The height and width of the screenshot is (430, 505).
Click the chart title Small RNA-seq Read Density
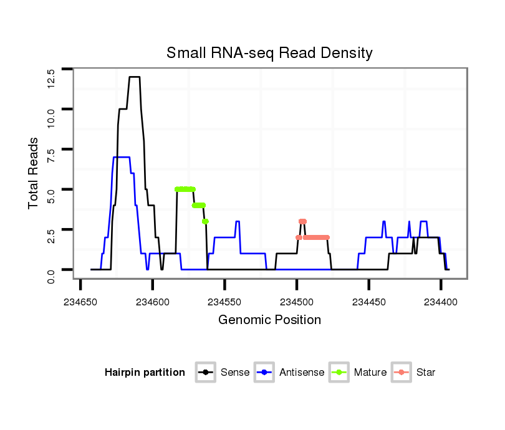269,53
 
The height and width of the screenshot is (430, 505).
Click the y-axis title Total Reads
34,173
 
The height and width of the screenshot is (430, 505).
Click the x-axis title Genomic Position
269,320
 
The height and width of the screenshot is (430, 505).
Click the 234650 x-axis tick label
81,301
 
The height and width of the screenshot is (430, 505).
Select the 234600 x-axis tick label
153,301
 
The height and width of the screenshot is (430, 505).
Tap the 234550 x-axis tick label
224,301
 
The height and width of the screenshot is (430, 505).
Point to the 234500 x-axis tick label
297,301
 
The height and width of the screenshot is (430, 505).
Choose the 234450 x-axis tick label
368,301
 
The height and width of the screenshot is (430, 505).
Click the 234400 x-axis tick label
440,301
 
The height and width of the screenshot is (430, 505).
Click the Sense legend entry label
235,373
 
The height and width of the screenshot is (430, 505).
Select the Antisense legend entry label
302,373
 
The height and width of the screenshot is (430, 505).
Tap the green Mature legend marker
340,373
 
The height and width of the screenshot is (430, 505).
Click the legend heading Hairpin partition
145,373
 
